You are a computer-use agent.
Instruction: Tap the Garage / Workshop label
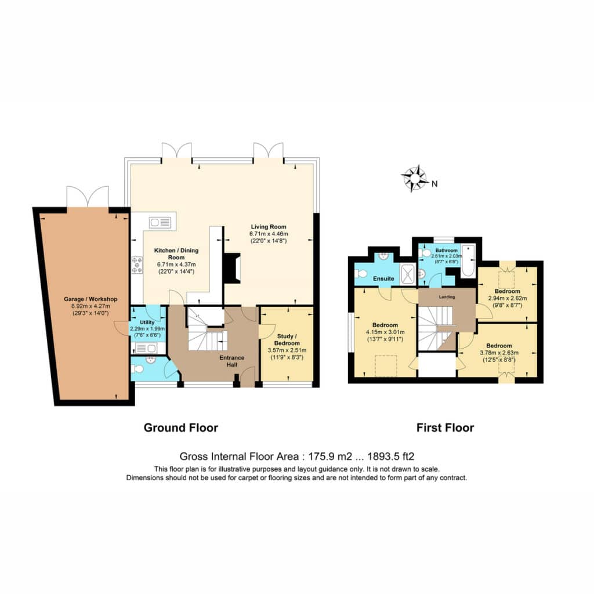coord(90,299)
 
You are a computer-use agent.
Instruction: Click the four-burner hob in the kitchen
coord(137,265)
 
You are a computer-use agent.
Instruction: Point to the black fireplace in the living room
coord(232,268)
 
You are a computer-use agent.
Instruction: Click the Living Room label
coord(269,227)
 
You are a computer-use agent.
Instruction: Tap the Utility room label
coord(147,323)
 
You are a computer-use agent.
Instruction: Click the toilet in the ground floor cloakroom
coord(138,369)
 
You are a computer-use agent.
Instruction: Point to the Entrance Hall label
coord(232,361)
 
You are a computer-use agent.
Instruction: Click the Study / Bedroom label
coord(287,339)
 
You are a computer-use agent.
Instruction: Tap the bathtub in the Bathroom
coord(468,261)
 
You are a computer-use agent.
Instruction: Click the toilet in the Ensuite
coord(360,273)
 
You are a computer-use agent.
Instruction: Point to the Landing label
coord(447,296)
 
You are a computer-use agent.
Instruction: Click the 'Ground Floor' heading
coord(181,428)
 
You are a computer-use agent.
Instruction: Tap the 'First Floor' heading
coord(445,428)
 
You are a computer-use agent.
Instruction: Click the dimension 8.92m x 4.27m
coord(90,306)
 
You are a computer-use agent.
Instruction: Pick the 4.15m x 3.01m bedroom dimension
coord(385,332)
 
